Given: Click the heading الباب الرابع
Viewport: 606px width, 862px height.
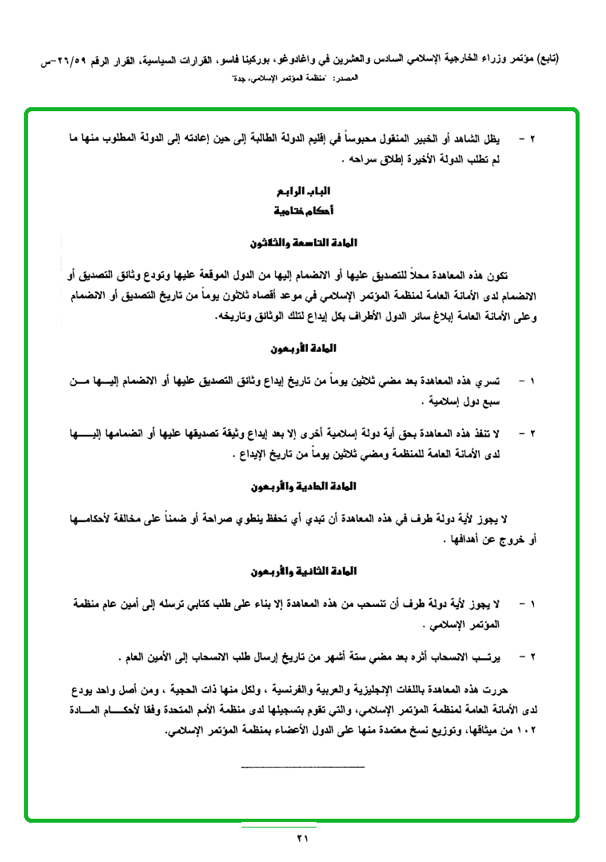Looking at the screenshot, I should pyautogui.click(x=303, y=193).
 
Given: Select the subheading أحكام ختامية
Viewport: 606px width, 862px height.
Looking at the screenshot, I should pyautogui.click(x=303, y=211).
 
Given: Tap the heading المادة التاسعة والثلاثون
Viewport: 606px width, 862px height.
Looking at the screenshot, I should pyautogui.click(x=303, y=242).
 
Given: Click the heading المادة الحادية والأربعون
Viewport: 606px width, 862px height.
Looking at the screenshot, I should pyautogui.click(x=303, y=486).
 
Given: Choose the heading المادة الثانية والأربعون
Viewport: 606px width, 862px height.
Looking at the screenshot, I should pyautogui.click(x=303, y=572).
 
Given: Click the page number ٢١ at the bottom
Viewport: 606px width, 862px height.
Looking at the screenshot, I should pyautogui.click(x=302, y=838).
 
